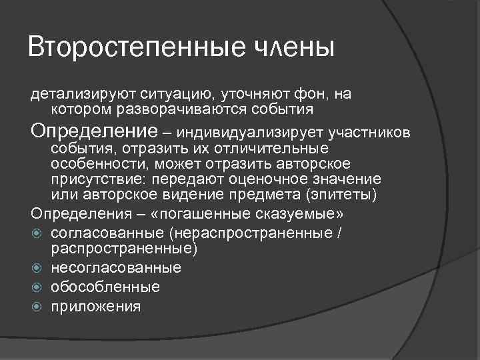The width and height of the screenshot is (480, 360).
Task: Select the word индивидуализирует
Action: [254, 132]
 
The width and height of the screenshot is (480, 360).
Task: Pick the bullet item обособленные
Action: [105, 287]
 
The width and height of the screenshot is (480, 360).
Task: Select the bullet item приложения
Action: [95, 307]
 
